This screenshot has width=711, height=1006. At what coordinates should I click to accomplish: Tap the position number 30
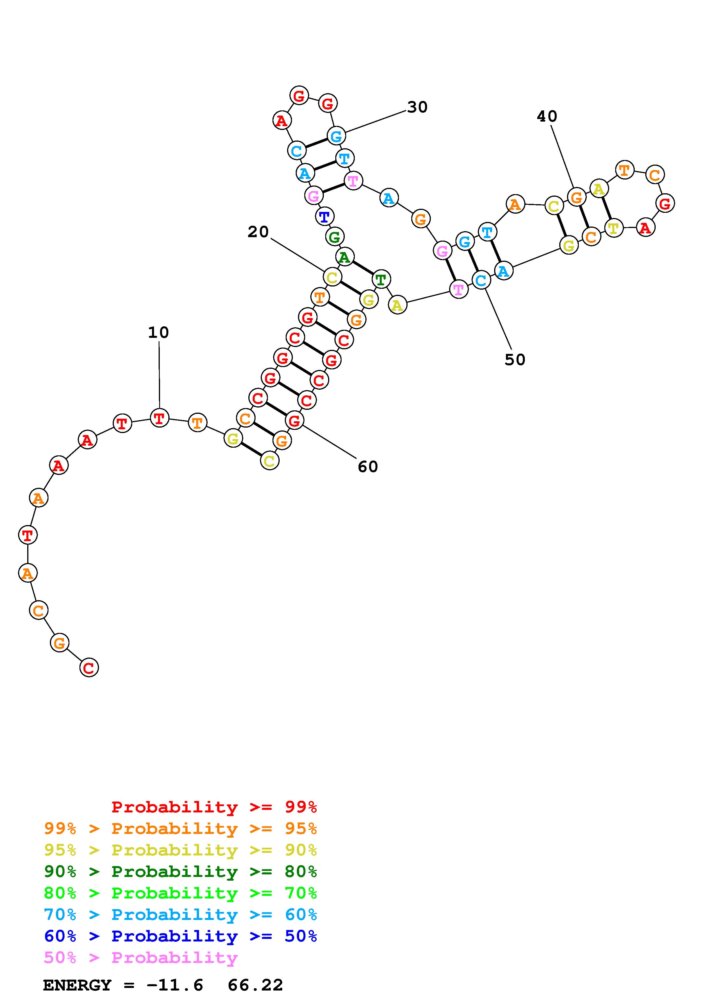tap(417, 107)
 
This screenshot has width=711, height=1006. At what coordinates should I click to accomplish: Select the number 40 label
tap(547, 116)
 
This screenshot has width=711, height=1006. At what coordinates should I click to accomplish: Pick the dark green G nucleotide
tap(334, 237)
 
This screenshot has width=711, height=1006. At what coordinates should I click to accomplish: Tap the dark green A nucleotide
tap(345, 257)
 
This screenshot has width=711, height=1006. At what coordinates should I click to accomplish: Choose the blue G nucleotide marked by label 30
tap(336, 136)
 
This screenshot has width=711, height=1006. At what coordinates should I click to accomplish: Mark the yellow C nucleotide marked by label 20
tap(332, 277)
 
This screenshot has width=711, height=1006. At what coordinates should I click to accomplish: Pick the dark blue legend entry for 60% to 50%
tap(180, 936)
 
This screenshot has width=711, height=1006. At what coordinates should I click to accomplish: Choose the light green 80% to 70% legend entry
tap(180, 893)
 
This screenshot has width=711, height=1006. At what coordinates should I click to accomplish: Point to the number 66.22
tap(255, 985)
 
